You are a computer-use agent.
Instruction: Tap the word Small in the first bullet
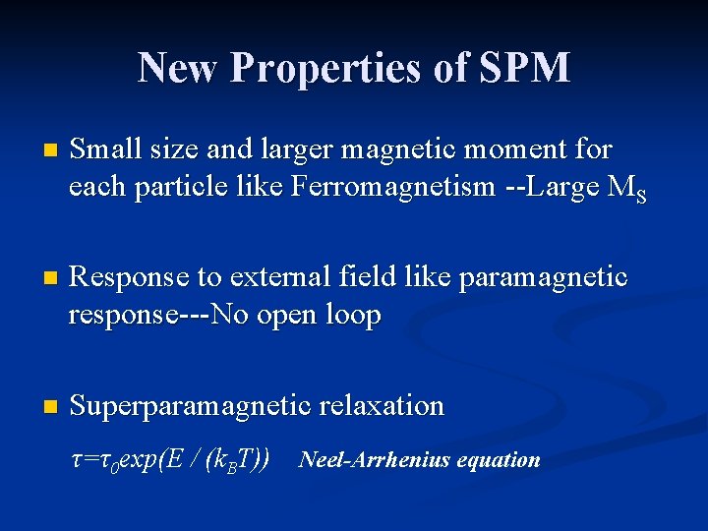pyautogui.click(x=105, y=149)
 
